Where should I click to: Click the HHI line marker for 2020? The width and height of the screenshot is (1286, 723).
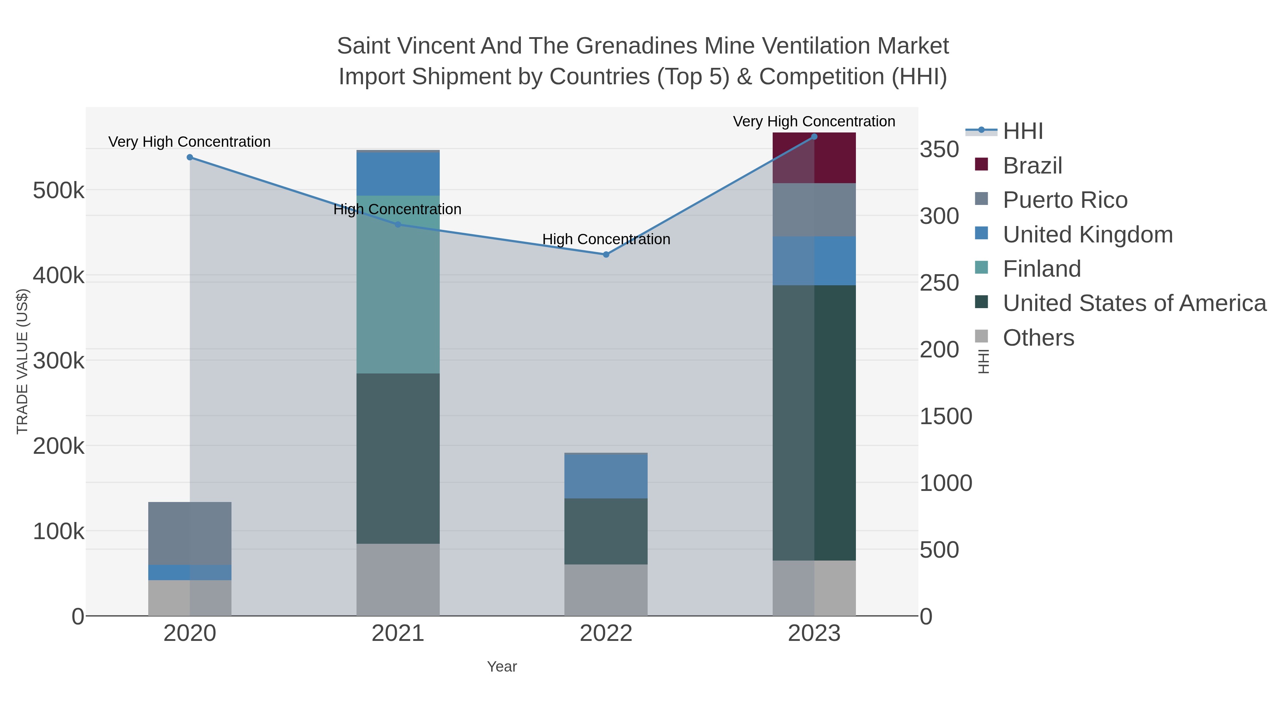tap(190, 157)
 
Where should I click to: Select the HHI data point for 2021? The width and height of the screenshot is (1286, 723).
tap(398, 225)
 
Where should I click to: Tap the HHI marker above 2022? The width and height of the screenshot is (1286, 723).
tap(606, 255)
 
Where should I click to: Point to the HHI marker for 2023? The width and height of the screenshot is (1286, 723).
tap(814, 137)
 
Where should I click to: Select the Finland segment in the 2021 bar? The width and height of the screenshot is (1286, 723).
tap(398, 285)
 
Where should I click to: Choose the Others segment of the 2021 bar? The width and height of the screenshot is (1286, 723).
tap(398, 579)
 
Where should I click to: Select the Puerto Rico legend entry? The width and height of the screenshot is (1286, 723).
tap(1065, 200)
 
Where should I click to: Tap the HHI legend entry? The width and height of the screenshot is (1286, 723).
tap(1022, 131)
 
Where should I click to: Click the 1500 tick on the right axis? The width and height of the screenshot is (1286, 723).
tap(946, 416)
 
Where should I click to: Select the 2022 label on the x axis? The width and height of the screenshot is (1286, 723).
tap(606, 634)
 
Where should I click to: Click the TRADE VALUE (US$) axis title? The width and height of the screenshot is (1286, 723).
tap(23, 361)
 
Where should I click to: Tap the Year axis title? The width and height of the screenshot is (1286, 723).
tap(502, 667)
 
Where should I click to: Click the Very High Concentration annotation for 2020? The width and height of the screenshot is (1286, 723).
tap(190, 142)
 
